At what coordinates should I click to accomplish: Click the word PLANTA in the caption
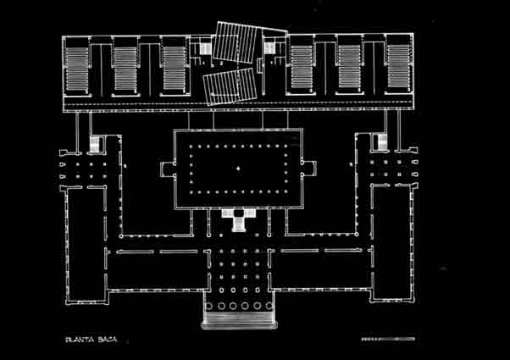click(80, 340)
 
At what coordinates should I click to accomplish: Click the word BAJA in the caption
click(108, 340)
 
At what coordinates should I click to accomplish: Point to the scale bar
click(388, 339)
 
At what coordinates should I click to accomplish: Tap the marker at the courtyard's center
click(238, 168)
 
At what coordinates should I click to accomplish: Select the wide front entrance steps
click(240, 319)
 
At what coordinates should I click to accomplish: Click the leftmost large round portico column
click(208, 306)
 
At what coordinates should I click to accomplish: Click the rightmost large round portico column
click(269, 306)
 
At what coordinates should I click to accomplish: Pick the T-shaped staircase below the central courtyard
click(239, 220)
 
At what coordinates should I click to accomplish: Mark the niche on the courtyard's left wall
click(167, 169)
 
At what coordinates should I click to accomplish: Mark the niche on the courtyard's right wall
click(309, 169)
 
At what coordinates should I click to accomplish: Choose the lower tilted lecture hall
click(230, 86)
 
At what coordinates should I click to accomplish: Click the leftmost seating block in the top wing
click(77, 69)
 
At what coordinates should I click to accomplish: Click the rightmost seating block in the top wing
click(398, 66)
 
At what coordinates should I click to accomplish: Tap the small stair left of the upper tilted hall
click(205, 49)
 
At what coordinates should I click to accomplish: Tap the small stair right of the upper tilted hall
click(269, 47)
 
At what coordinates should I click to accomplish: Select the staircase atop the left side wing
click(95, 144)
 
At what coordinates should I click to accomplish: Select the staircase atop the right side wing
click(383, 142)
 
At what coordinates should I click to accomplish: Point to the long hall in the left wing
click(86, 245)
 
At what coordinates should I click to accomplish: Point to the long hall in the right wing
click(392, 244)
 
